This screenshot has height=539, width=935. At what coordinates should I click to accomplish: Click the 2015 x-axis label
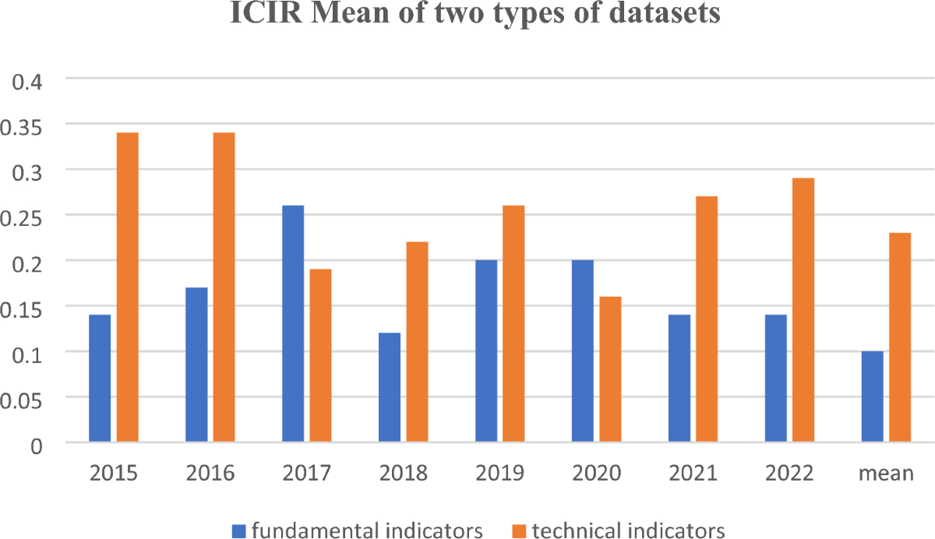(113, 474)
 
